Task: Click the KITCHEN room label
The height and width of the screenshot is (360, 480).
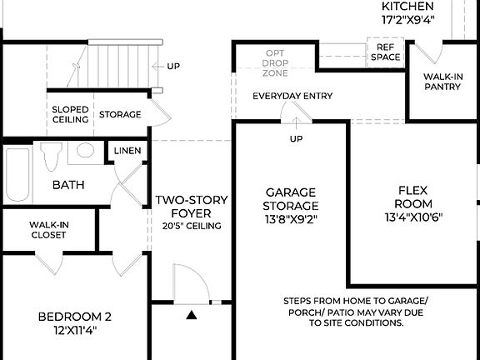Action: pos(407,7)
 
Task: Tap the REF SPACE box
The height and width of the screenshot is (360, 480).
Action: pos(386,52)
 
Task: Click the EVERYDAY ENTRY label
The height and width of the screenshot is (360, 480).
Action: pos(292,96)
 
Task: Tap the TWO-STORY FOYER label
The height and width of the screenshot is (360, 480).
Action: pos(187,206)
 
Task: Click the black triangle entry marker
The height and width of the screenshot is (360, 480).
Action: pos(192,315)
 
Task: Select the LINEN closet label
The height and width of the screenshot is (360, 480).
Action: pos(127,151)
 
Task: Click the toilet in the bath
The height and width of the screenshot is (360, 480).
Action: pos(50,156)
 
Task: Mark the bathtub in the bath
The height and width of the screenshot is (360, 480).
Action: pos(17,174)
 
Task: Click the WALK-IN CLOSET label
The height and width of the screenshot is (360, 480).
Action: pos(49,230)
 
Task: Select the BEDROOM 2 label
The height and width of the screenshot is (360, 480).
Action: pos(75,322)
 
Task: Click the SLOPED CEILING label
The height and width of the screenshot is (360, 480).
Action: pos(71,114)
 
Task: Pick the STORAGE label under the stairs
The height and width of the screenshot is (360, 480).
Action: pos(120,114)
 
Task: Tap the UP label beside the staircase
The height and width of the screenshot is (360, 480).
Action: pos(173,66)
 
